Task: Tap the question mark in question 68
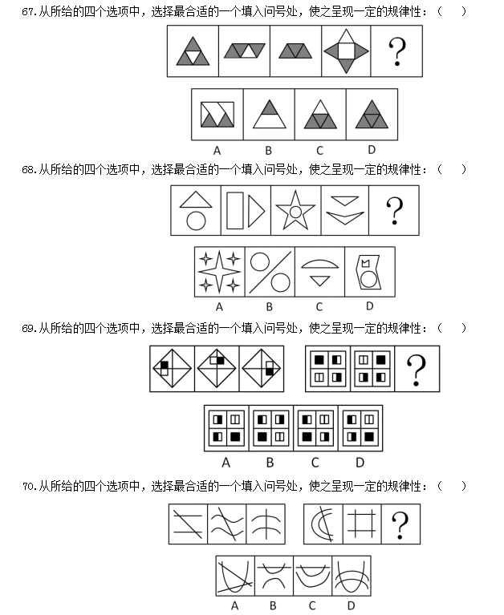pyautogui.click(x=394, y=211)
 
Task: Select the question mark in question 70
pyautogui.click(x=400, y=525)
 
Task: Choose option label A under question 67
pyautogui.click(x=217, y=149)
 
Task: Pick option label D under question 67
pyautogui.click(x=371, y=149)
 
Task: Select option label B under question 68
pyautogui.click(x=270, y=306)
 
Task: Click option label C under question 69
pyautogui.click(x=315, y=462)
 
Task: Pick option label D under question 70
pyautogui.click(x=351, y=605)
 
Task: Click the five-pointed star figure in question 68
pyautogui.click(x=295, y=211)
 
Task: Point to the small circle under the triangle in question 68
pyautogui.click(x=196, y=221)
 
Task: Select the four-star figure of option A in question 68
pyautogui.click(x=219, y=272)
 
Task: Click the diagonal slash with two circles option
pyautogui.click(x=270, y=272)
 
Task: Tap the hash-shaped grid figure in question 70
pyautogui.click(x=362, y=524)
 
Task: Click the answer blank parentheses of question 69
pyautogui.click(x=453, y=328)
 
